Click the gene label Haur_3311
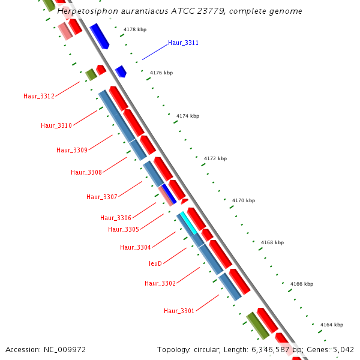(183, 43)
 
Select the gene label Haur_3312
(39, 97)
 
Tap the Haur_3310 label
(56, 126)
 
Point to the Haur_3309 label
(72, 151)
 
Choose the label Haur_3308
(86, 173)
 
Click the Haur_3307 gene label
(102, 197)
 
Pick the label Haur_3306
(116, 218)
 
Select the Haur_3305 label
(124, 230)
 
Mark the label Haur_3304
(136, 248)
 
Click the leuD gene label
(155, 264)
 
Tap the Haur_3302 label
(160, 284)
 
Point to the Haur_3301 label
(179, 311)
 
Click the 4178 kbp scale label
(135, 29)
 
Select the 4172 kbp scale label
(215, 159)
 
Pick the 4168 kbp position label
(272, 243)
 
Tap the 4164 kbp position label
(331, 325)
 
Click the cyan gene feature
(189, 223)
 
